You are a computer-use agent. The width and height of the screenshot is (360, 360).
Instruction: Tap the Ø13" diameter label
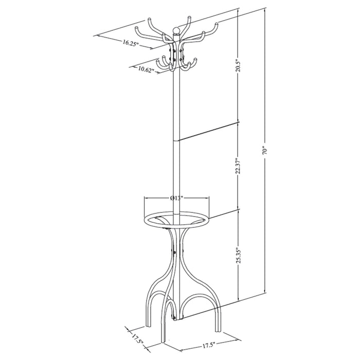(x=176, y=197)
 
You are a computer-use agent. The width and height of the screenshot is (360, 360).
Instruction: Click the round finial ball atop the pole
(x=176, y=30)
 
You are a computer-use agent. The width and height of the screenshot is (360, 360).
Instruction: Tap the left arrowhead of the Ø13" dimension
(x=146, y=197)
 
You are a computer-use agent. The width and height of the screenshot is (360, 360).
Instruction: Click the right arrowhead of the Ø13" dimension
(x=208, y=197)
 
